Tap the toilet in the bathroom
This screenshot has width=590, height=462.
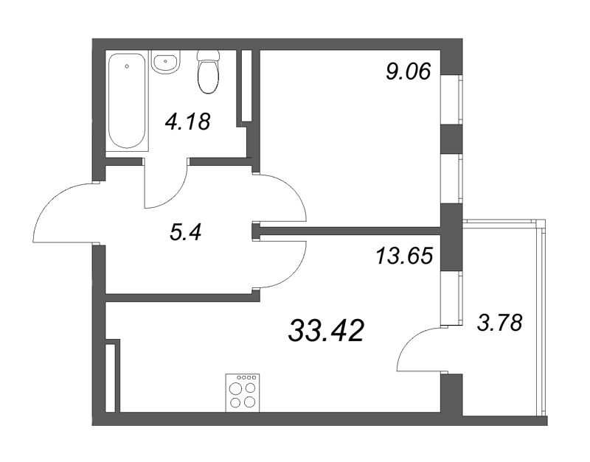pyautogui.click(x=209, y=74)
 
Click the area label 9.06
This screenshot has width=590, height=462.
pyautogui.click(x=408, y=71)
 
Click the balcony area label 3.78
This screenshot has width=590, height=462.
pyautogui.click(x=499, y=322)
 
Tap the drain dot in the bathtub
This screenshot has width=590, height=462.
pyautogui.click(x=127, y=66)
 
